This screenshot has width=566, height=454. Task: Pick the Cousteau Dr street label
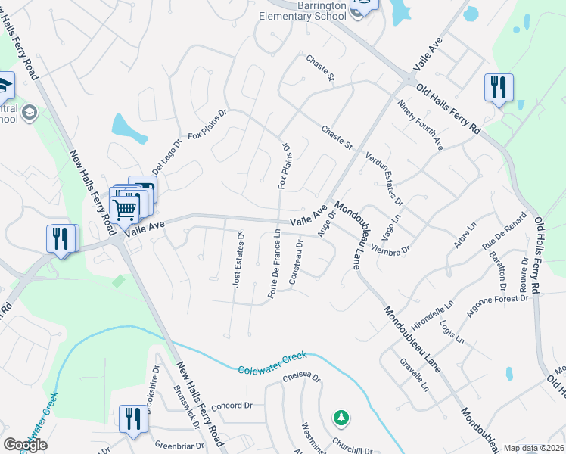tap(297, 263)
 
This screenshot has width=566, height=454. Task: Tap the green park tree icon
tap(341, 417)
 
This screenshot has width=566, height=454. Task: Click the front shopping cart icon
tap(125, 207)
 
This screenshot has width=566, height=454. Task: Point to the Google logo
tap(25, 445)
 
